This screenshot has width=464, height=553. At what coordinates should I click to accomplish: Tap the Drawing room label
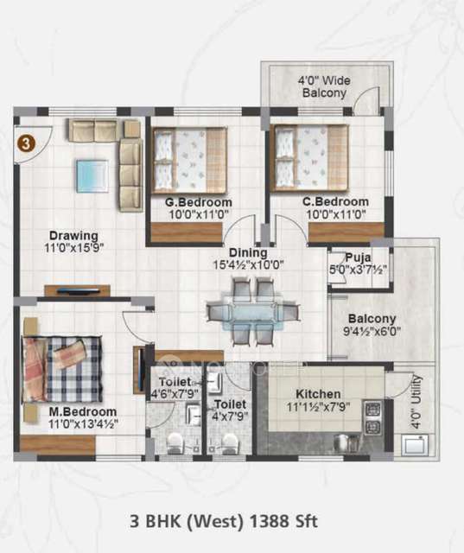[x=73, y=235]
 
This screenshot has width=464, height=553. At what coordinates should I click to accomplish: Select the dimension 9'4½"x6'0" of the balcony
[x=372, y=331]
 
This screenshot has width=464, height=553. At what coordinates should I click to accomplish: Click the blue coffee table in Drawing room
[x=92, y=175]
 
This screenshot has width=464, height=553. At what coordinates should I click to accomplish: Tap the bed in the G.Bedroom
[x=190, y=159]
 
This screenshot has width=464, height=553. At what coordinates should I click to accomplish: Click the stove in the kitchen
[x=372, y=417]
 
